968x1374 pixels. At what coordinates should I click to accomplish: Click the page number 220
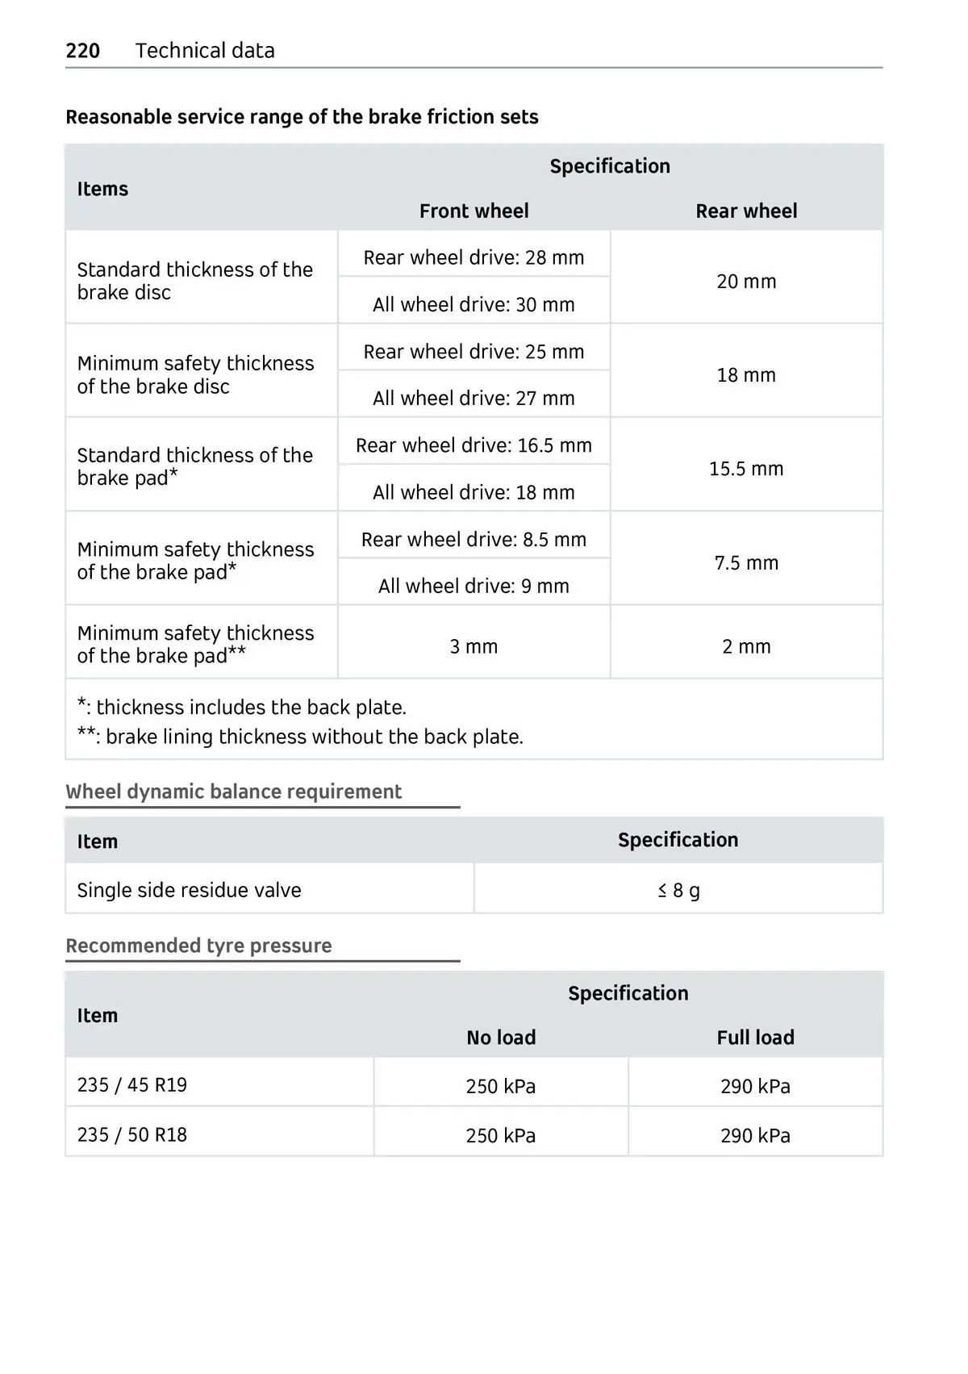tap(82, 51)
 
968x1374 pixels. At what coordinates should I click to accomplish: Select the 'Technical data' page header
tap(205, 51)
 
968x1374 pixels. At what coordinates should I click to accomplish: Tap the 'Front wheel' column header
tap(474, 211)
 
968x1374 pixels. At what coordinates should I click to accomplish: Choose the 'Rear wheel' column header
tap(746, 211)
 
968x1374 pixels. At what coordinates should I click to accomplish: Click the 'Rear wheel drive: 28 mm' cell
tap(474, 258)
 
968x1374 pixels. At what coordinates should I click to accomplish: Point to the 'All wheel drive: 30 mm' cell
tap(474, 305)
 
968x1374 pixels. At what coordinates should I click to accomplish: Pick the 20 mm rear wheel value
tap(746, 282)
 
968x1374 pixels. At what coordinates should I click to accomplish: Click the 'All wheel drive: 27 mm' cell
tap(474, 399)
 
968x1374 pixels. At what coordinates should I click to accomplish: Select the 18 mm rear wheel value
tap(746, 375)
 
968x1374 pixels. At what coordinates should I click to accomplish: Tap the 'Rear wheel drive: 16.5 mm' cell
tap(474, 445)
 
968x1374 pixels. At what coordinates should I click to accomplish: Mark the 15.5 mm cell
tap(746, 469)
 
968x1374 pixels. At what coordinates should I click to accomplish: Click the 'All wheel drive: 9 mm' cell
tap(474, 587)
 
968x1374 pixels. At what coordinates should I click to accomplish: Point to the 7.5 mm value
tap(746, 563)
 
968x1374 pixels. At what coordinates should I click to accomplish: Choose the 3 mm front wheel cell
tap(474, 647)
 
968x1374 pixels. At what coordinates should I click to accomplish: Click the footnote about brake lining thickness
tap(300, 737)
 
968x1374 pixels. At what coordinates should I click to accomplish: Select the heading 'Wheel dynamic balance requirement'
tap(233, 791)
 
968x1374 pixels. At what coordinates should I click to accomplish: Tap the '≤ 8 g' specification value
tap(678, 891)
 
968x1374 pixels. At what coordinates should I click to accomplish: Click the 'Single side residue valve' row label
tap(189, 891)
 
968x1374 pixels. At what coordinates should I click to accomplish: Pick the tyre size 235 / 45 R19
tap(131, 1085)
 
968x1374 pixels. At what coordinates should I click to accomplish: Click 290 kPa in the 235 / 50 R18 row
tap(755, 1136)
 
